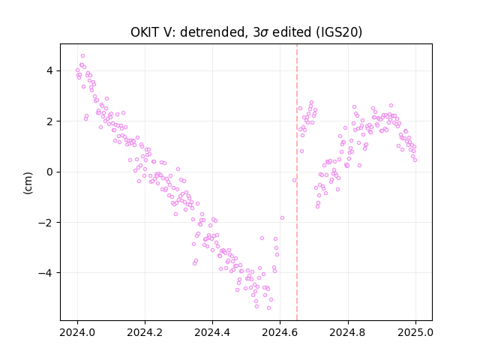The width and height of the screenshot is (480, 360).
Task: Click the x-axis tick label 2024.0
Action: pos(77,332)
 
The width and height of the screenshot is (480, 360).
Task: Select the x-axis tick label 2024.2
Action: pos(145,332)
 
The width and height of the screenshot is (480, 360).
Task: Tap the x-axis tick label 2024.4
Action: pos(212,332)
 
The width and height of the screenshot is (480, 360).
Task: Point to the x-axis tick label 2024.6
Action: pos(280,332)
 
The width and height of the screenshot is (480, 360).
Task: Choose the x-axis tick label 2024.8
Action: pos(348,332)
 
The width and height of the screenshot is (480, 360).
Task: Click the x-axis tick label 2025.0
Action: pos(415,332)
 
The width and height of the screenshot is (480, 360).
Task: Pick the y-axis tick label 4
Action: pos(49,70)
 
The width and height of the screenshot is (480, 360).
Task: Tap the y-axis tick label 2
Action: pos(49,121)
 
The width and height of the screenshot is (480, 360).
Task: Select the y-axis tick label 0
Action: pos(49,172)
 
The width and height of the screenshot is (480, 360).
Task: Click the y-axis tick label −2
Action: pos(45,222)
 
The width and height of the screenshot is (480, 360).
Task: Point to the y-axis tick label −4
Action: pos(45,273)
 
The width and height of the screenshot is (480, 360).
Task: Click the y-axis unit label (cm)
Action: pos(28,183)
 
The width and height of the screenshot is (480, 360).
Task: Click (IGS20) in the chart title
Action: pos(339,32)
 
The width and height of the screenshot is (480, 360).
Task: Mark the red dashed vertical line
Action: pos(297,182)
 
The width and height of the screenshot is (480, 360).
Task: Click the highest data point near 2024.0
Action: pos(82,56)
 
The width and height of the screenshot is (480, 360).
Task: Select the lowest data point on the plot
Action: pos(268,307)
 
